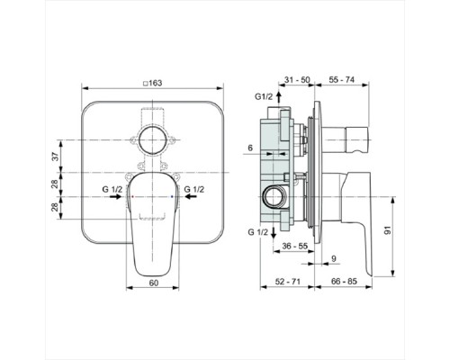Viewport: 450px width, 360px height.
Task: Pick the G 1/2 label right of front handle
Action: point(194,191)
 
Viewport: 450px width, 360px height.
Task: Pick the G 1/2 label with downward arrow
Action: point(256,231)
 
